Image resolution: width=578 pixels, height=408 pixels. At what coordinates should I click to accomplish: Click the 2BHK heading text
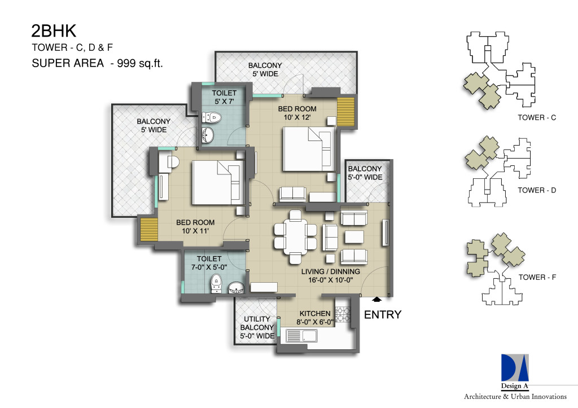(54, 31)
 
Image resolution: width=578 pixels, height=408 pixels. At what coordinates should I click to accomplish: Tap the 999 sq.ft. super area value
(140, 63)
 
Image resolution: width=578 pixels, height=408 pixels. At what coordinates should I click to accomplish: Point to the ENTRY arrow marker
(377, 300)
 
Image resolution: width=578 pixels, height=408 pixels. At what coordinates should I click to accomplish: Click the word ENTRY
(383, 314)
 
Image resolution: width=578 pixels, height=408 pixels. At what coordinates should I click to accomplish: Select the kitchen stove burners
(343, 314)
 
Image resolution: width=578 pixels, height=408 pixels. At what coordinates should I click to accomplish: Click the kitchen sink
(301, 336)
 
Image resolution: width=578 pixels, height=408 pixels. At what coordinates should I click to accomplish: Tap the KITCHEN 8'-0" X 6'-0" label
(315, 318)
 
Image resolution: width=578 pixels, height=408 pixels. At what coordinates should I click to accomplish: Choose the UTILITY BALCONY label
(257, 323)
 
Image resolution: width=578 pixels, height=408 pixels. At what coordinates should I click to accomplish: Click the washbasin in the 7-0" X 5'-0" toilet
(236, 288)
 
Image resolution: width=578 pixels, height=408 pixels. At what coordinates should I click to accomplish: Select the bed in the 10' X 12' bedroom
(309, 149)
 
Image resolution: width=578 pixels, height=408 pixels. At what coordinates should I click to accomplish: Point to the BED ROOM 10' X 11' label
(195, 227)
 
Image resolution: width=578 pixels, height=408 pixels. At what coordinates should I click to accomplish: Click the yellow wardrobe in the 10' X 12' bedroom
(346, 112)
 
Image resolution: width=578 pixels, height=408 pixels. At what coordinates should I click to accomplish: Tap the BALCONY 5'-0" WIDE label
(365, 173)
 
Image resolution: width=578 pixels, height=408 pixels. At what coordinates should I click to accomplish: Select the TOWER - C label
(537, 117)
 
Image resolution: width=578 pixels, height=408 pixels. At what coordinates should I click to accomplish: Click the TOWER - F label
(537, 277)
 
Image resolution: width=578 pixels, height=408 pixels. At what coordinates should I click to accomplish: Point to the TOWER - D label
(537, 190)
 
